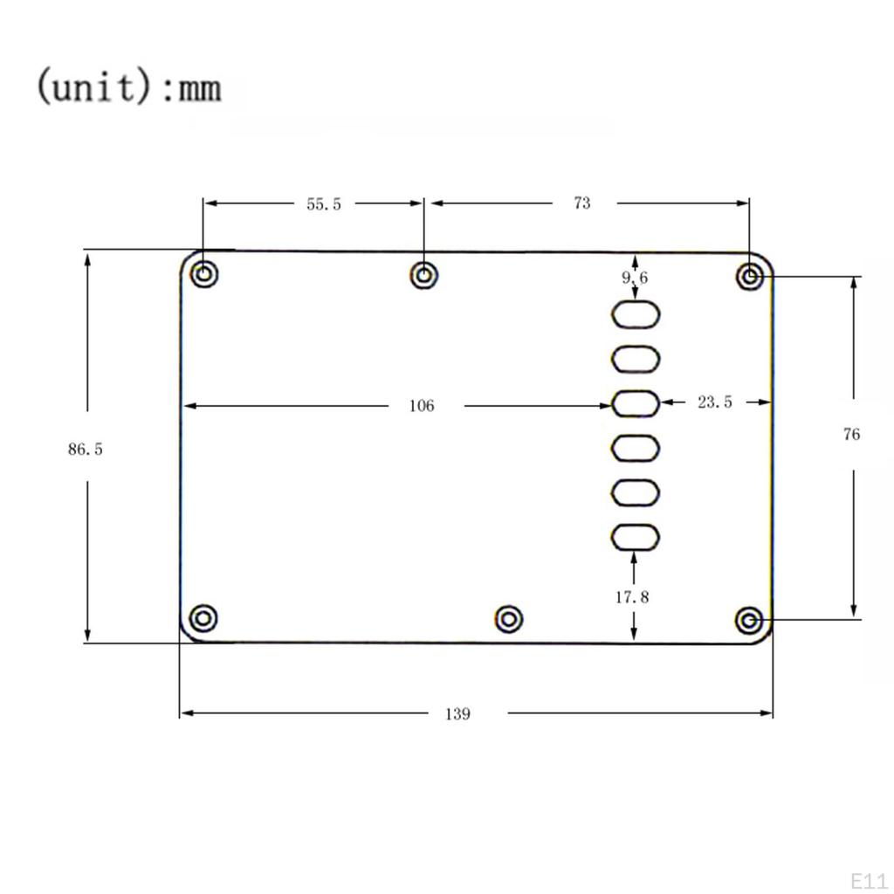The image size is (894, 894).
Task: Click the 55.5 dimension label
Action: pos(324,204)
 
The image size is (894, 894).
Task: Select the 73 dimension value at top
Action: pos(581,203)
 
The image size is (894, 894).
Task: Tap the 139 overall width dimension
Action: pos(457,714)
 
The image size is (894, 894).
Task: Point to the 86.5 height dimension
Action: pos(86,450)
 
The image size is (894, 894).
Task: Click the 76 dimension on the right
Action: pos(851,434)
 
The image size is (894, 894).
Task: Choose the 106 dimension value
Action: pos(421,406)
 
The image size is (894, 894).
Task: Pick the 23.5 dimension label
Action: pos(715,402)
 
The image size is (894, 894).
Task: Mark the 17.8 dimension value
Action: pos(632,597)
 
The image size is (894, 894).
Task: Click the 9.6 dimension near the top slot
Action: pos(635,278)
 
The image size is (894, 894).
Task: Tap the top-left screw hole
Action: pos(203,274)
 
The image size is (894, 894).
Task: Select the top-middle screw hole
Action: pos(424,276)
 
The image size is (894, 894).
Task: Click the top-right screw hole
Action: pos(750,278)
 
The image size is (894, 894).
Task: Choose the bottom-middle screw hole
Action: pos(509,620)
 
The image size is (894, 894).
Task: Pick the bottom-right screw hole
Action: pos(748,621)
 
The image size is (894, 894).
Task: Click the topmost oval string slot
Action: pos(635,314)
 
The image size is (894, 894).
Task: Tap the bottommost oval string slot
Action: pos(635,537)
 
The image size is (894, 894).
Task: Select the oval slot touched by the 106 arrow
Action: pos(635,403)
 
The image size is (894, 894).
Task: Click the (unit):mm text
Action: pos(128,87)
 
